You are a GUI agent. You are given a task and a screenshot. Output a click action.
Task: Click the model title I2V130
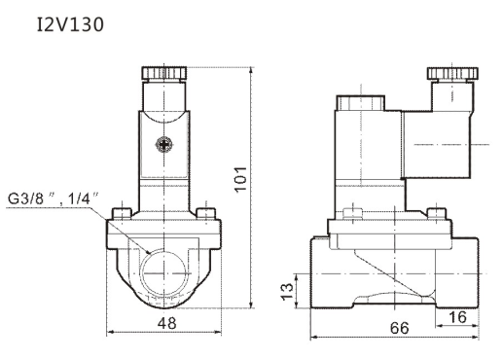click(x=70, y=24)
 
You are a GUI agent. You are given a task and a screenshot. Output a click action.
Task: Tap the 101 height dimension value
click(x=240, y=179)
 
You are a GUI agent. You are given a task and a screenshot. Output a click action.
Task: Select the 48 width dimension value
click(x=167, y=323)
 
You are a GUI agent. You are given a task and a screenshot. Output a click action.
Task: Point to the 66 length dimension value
click(x=399, y=328)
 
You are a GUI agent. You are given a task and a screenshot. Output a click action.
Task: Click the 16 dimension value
click(x=457, y=317)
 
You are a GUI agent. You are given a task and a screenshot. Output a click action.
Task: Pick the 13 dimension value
click(x=287, y=292)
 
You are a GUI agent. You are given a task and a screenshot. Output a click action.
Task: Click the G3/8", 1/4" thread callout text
click(x=53, y=198)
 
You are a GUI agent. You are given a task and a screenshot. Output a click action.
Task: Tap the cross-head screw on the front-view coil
click(x=163, y=144)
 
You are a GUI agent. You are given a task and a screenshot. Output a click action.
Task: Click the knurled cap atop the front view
click(x=164, y=73)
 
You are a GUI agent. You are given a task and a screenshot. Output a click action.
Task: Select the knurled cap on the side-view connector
click(x=452, y=74)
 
